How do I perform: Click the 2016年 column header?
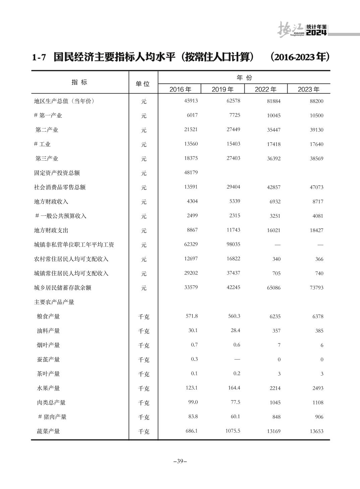180,89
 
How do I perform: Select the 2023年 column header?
308,89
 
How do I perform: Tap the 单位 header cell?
143,84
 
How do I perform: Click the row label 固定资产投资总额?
57,173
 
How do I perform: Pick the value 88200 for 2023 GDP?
316,101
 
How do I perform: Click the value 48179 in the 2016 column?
191,172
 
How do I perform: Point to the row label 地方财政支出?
51,230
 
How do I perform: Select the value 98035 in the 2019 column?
233,244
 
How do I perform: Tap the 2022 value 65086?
274,288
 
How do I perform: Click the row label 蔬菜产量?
48,431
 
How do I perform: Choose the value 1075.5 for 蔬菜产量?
233,431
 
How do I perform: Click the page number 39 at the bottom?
180,461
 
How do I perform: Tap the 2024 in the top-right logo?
316,33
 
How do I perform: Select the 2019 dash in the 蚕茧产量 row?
237,359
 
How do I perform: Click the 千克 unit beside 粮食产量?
143,317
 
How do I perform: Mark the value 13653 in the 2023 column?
316,431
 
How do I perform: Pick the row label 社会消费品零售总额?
60,187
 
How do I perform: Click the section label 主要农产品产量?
54,302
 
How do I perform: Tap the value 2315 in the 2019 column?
235,216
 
